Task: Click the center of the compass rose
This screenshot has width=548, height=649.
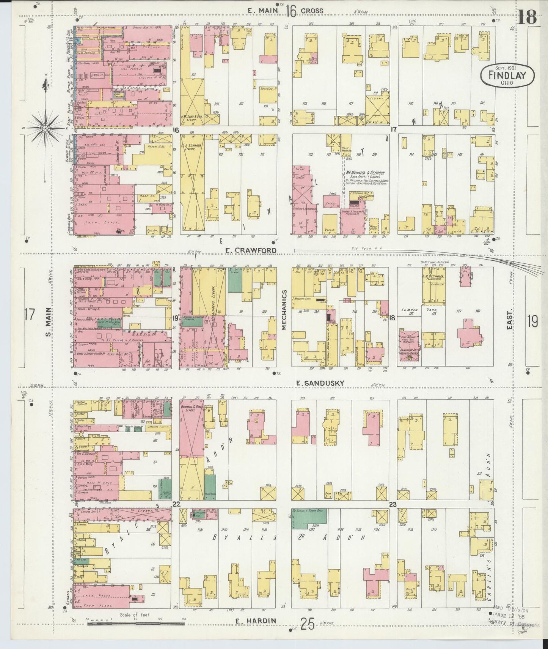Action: point(45,128)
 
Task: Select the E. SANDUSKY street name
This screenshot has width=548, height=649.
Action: point(320,383)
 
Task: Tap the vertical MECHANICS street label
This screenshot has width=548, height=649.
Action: point(284,310)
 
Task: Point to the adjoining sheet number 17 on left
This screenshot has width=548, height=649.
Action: point(30,315)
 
